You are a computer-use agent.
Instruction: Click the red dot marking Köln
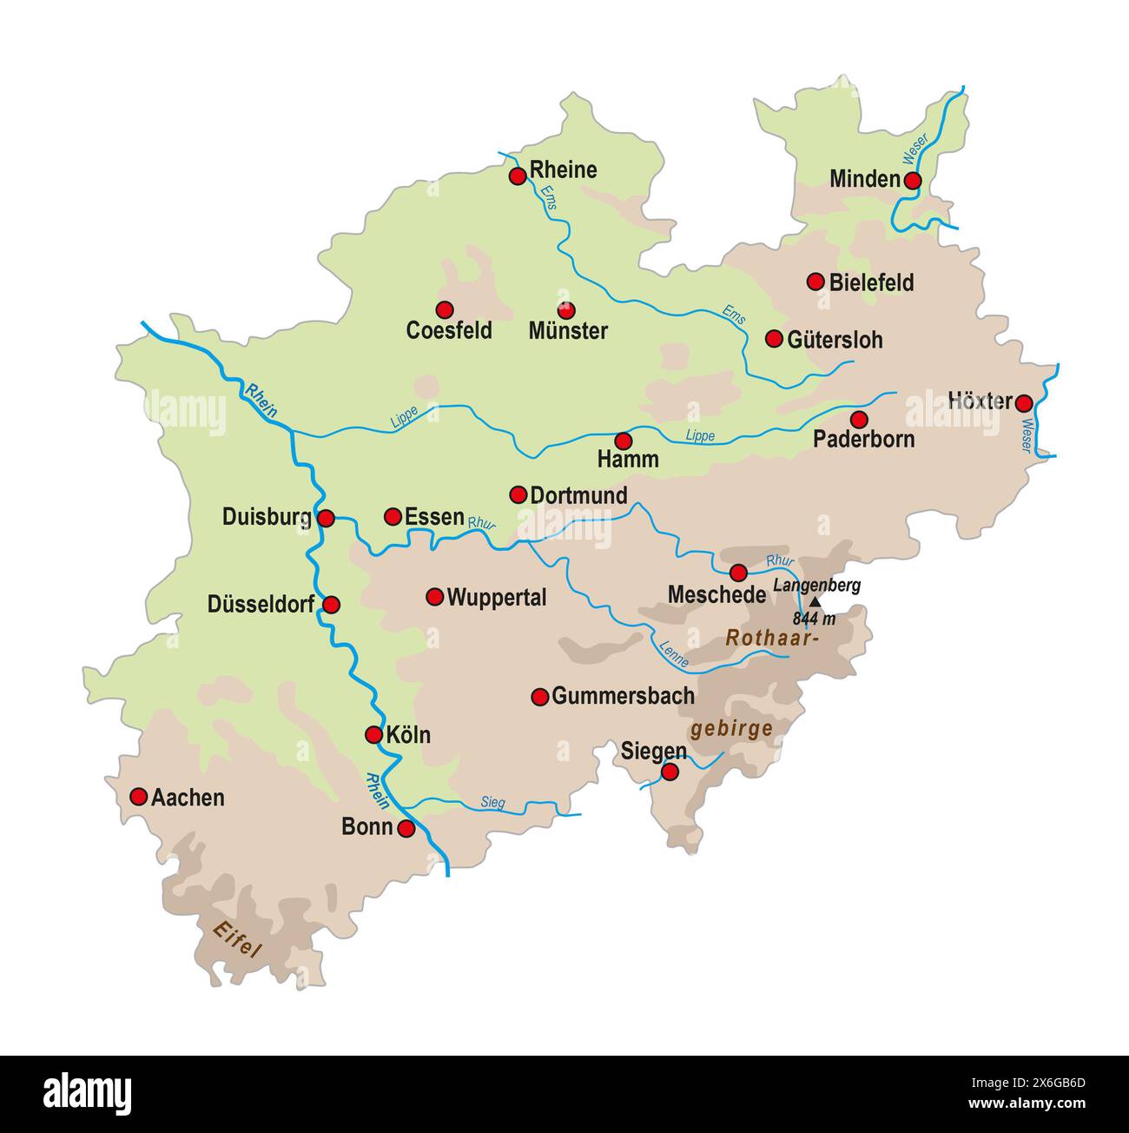[x=373, y=735]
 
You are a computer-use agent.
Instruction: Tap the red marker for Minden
[x=912, y=180]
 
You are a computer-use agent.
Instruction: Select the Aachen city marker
[x=138, y=797]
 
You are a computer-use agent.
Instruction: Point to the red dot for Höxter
[x=1024, y=403]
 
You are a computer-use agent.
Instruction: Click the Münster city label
[x=568, y=331]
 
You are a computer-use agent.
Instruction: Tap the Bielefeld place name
[x=871, y=282]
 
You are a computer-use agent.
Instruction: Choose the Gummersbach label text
[x=623, y=696]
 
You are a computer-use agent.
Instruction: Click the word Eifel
[x=237, y=938]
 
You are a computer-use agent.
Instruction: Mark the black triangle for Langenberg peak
[x=815, y=601]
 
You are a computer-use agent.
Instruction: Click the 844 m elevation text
[x=814, y=620]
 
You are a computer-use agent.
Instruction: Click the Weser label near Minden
[x=915, y=149]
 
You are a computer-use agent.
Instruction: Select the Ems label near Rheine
[x=548, y=197]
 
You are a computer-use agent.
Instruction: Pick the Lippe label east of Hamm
[x=700, y=435]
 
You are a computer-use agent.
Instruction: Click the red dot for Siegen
[x=670, y=772]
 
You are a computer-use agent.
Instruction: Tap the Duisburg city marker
[x=326, y=519]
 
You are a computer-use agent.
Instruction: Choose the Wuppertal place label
[x=496, y=598]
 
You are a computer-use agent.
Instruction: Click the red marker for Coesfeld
[x=445, y=309]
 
